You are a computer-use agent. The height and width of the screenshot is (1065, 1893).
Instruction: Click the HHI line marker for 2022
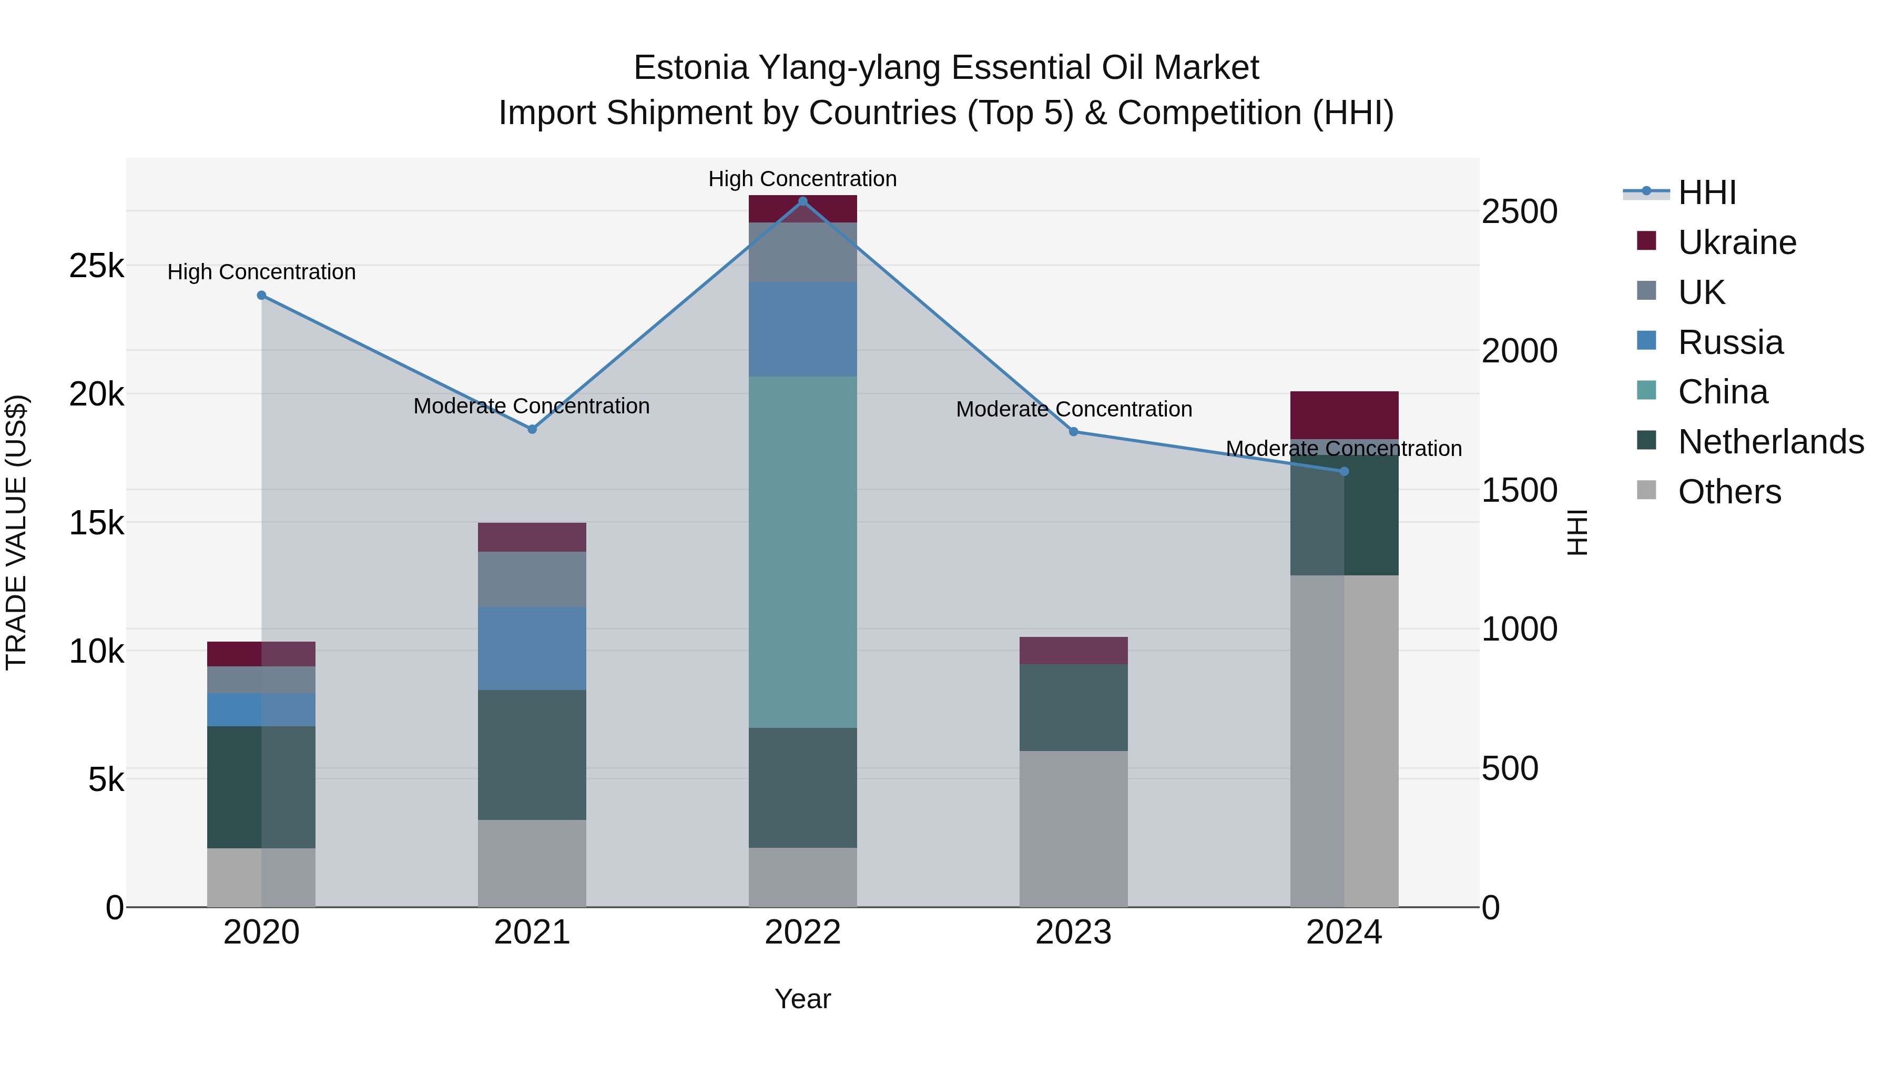click(802, 201)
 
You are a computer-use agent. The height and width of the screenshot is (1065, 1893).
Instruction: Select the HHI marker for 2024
click(1344, 471)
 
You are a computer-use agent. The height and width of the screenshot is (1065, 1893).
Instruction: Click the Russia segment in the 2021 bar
click(532, 648)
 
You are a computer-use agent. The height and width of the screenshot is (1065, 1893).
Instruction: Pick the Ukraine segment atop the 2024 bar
click(1344, 415)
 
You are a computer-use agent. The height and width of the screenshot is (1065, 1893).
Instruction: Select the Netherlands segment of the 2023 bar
click(1073, 707)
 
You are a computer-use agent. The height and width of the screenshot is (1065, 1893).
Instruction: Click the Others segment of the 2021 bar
click(532, 863)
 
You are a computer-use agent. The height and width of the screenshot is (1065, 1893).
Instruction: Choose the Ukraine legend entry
click(1736, 242)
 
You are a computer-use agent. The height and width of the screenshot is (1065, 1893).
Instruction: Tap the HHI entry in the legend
click(1706, 192)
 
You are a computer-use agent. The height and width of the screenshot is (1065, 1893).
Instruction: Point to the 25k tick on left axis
click(96, 266)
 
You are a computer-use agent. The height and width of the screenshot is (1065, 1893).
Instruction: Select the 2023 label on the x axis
click(1073, 932)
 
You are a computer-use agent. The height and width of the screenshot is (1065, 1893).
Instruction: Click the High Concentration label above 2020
click(262, 272)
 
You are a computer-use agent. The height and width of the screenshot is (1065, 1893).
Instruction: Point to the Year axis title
click(802, 999)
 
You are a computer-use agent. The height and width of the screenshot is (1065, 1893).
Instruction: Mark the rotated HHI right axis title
click(1577, 532)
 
